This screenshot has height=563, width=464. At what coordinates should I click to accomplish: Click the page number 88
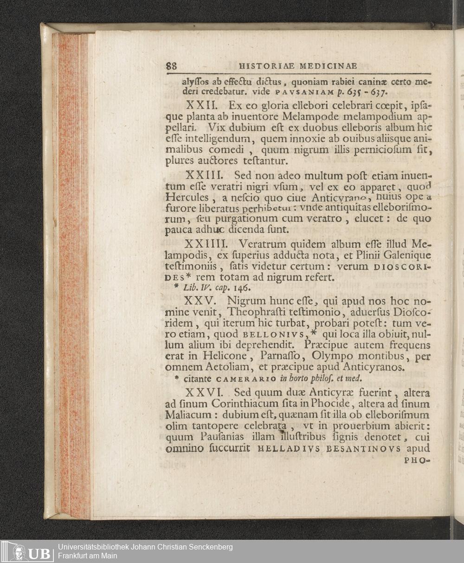[171, 66]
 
